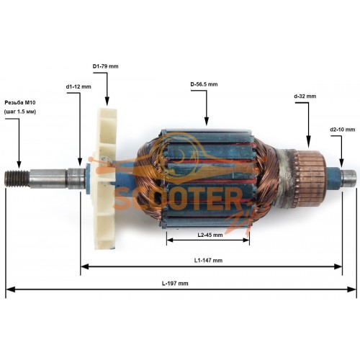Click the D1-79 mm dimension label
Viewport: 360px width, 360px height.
tap(105, 66)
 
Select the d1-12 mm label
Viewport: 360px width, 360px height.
tap(78, 86)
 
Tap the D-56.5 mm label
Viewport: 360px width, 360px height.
tap(204, 84)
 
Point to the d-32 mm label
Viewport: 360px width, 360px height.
tap(305, 96)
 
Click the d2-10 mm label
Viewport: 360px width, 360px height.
tap(343, 130)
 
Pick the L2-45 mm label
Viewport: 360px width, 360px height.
tap(210, 235)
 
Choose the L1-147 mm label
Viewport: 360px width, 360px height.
tap(208, 260)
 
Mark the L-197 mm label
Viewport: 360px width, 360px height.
tap(175, 284)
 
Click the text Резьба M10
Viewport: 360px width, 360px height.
tap(20, 103)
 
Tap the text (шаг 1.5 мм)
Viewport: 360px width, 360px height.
tap(20, 112)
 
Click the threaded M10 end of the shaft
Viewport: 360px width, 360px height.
tap(17, 179)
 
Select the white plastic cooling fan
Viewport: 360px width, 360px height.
tap(106, 179)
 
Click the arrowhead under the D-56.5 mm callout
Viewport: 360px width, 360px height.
tap(207, 121)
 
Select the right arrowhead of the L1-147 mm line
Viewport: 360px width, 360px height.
tap(338, 266)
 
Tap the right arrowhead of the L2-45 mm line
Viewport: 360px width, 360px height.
tap(246, 240)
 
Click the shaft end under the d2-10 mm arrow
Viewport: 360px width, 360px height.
tap(348, 178)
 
